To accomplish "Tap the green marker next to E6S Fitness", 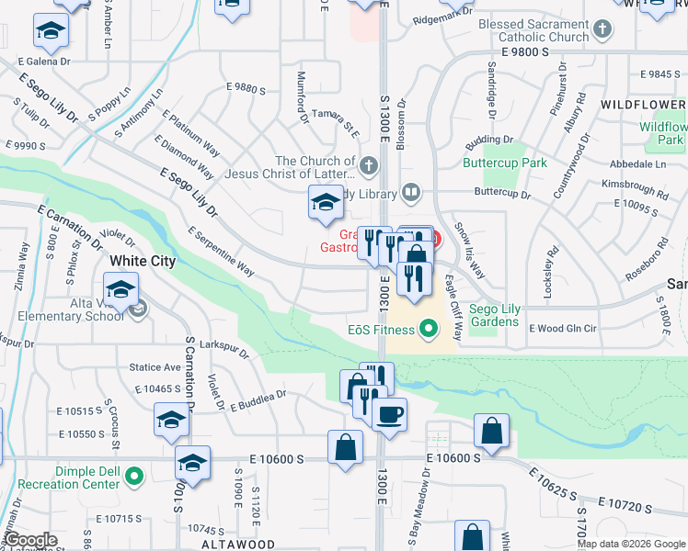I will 428,327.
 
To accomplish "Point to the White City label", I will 142,261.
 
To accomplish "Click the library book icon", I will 411,193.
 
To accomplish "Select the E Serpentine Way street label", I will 221,252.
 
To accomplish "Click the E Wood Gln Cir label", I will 562,326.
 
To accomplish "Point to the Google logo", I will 30,540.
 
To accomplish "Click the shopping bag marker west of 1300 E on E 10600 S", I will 345,448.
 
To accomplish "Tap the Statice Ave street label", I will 155,367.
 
